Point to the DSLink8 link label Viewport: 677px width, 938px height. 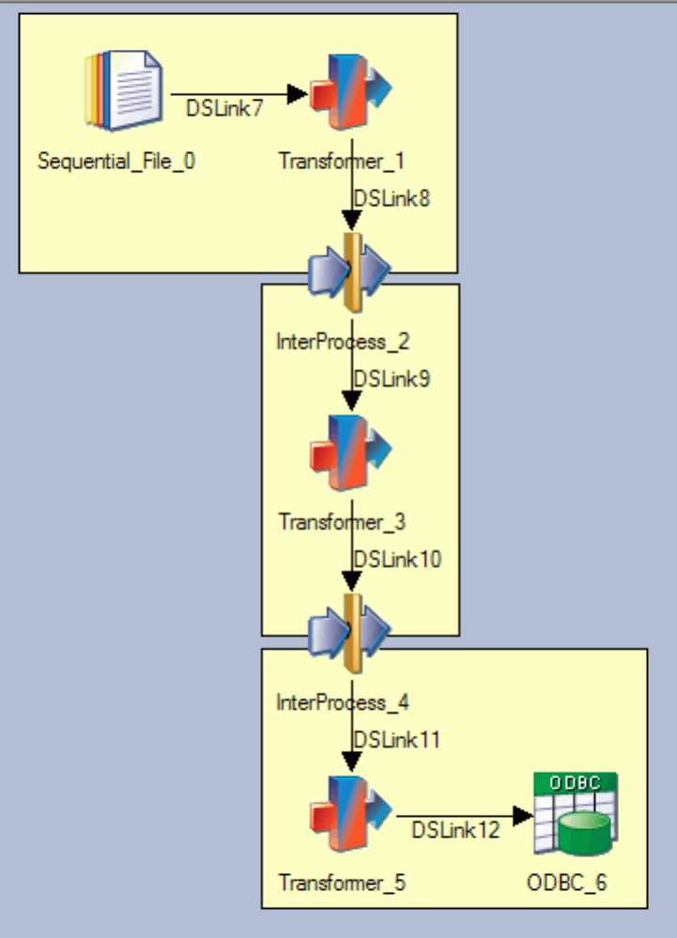[391, 198]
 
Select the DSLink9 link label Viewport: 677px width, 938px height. [391, 378]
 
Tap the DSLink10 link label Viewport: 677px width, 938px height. [396, 559]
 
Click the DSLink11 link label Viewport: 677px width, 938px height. [396, 739]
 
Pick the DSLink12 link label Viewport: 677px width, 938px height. [455, 829]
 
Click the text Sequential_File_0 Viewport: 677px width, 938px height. [117, 161]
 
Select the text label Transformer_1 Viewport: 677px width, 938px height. [342, 161]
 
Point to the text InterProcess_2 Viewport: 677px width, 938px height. [344, 341]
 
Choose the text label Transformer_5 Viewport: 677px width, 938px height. [342, 883]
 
